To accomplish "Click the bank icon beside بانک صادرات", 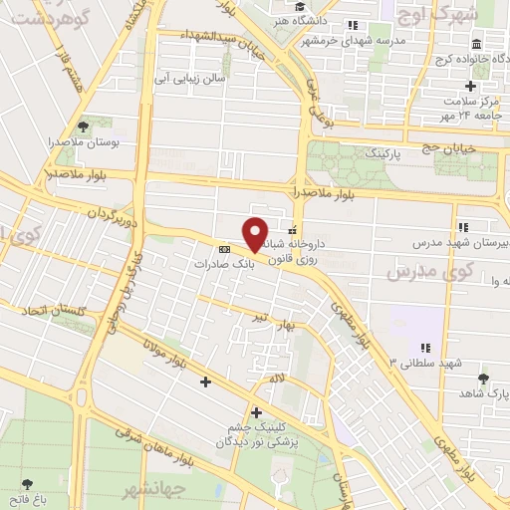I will point(224,248).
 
